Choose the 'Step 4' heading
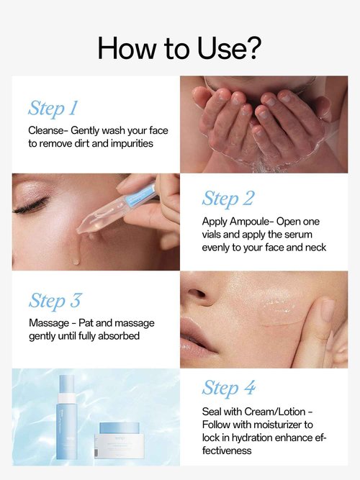(x=229, y=388)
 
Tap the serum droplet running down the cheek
(x=76, y=259)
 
